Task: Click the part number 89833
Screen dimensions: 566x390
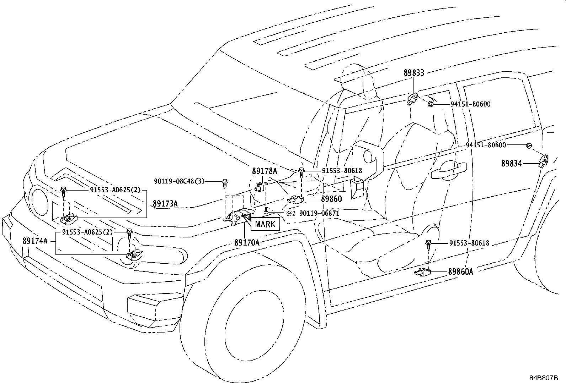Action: pos(413,73)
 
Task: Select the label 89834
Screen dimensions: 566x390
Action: pos(511,164)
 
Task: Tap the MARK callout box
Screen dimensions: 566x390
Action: pos(265,224)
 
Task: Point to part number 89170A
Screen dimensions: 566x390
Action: pos(247,242)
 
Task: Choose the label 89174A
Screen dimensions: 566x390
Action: pos(35,241)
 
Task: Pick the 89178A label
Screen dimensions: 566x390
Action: pos(264,171)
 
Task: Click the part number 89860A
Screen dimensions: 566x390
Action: pos(461,272)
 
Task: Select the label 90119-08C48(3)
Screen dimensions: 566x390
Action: pos(179,181)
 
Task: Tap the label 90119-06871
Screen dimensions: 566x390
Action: pos(319,213)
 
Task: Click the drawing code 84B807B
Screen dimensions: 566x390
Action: pos(544,378)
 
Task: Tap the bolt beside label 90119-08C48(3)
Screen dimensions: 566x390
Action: pos(225,183)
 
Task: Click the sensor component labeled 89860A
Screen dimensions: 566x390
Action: pos(422,273)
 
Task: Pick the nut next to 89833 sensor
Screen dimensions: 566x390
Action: pos(431,104)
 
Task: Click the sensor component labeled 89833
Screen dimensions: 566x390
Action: pos(413,99)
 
